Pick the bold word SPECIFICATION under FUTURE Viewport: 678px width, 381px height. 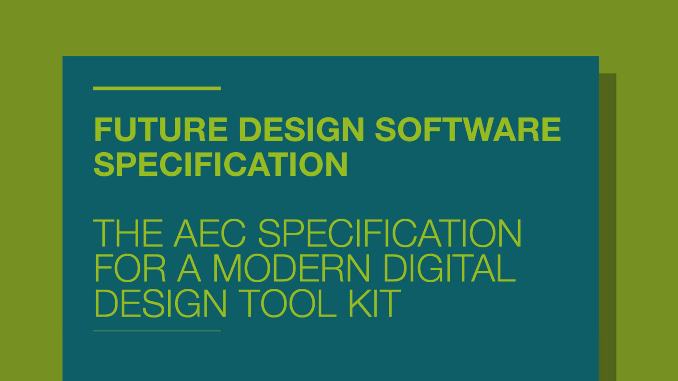(221, 164)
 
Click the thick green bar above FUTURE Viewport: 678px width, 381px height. (157, 88)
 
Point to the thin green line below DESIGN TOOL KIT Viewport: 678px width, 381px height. (157, 331)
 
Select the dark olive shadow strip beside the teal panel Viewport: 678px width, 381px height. (607, 220)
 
